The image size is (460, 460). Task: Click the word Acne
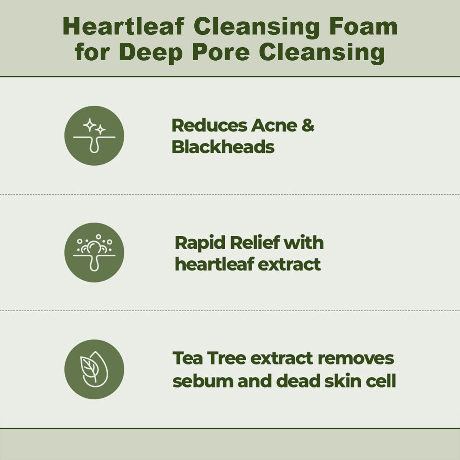pos(273,126)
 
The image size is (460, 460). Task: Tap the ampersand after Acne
pos(307,126)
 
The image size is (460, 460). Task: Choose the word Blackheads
pos(223,147)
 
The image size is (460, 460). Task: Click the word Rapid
pos(199,243)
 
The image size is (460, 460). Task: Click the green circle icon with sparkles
pos(94,136)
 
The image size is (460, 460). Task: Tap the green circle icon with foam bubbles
pos(94,253)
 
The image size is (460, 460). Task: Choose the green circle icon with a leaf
pos(94,369)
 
